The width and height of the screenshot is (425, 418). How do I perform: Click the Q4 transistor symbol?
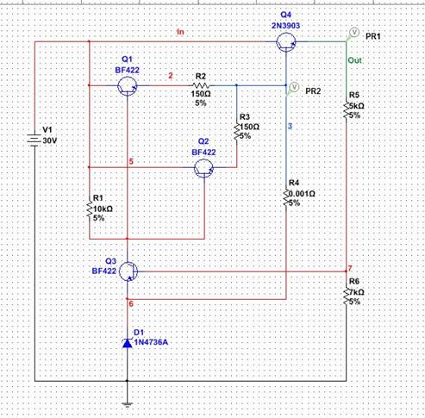[x=286, y=42]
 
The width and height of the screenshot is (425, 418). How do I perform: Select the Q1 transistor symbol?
[x=128, y=86]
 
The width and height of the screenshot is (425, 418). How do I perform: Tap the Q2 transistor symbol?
[x=204, y=168]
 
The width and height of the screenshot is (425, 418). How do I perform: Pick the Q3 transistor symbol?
[x=128, y=271]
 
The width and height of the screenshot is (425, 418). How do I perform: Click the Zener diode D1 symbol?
[x=128, y=343]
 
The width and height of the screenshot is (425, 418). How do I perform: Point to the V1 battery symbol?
[x=34, y=140]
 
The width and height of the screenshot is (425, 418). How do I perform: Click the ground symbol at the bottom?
[x=128, y=405]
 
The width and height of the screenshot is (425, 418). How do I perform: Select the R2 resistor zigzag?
[x=201, y=85]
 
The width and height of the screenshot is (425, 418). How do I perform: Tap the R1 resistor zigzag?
[x=90, y=209]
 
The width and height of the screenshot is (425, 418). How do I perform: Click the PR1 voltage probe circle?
[x=354, y=32]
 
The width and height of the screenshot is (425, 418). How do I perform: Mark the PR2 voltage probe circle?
[x=294, y=87]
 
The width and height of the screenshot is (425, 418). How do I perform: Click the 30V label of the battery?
[x=50, y=140]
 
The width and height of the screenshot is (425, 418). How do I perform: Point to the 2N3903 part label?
[x=286, y=26]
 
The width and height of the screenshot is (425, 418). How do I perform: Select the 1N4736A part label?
[x=151, y=342]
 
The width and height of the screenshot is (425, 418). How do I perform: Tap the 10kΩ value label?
[x=103, y=209]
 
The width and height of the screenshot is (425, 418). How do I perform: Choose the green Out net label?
[x=355, y=60]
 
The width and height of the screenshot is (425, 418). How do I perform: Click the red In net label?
[x=180, y=32]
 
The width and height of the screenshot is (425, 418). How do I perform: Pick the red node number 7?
[x=350, y=269]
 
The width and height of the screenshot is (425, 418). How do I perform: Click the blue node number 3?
[x=291, y=126]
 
